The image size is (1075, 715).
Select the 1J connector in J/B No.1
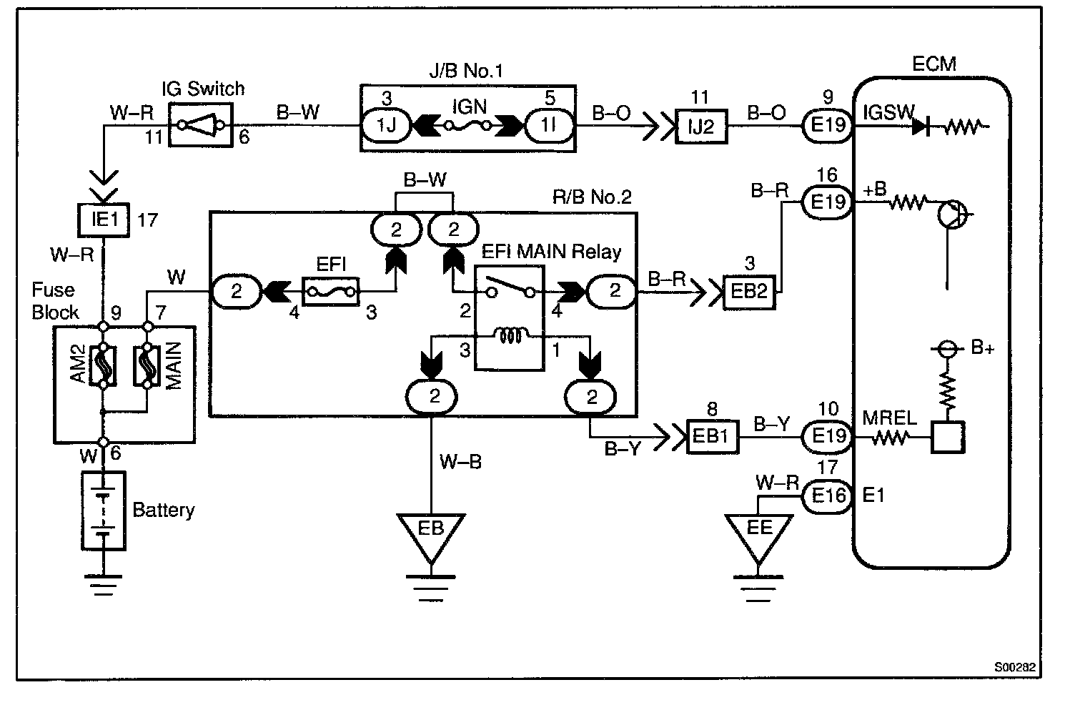387,126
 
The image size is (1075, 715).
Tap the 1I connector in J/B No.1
548,126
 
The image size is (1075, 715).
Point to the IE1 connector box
104,219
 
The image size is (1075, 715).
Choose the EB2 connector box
750,292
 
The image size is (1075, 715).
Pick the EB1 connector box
711,436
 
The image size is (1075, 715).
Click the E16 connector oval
828,495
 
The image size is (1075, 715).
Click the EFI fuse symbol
330,291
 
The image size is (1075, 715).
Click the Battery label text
164,510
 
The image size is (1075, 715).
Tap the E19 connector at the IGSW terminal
828,126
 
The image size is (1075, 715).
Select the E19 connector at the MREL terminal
828,435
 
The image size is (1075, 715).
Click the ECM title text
933,64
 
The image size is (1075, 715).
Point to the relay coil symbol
509,336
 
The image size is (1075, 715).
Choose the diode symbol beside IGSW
923,127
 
